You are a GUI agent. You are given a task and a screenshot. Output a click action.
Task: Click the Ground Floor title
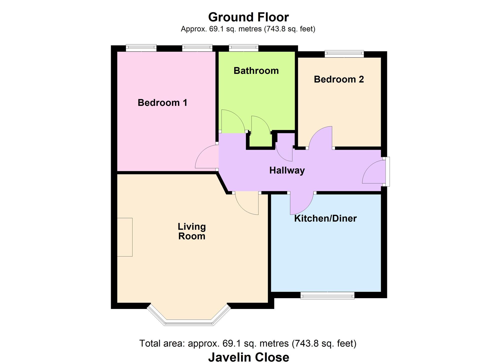pos(248,17)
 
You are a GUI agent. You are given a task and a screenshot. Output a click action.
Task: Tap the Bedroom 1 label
pos(162,103)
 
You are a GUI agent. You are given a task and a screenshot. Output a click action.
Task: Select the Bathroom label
pos(256,71)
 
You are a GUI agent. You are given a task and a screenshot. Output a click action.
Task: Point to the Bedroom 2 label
pos(339,79)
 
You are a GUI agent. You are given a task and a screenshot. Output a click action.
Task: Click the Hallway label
pos(287,170)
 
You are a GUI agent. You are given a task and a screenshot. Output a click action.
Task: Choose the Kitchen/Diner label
pos(325,218)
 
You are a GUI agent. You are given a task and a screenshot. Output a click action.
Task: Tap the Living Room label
pos(192,231)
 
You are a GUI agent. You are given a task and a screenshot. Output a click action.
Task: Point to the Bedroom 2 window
pos(344,54)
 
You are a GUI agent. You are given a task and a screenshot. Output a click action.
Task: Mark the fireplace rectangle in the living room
pos(124,237)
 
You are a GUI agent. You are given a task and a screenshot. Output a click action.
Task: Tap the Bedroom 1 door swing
pos(206,158)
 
